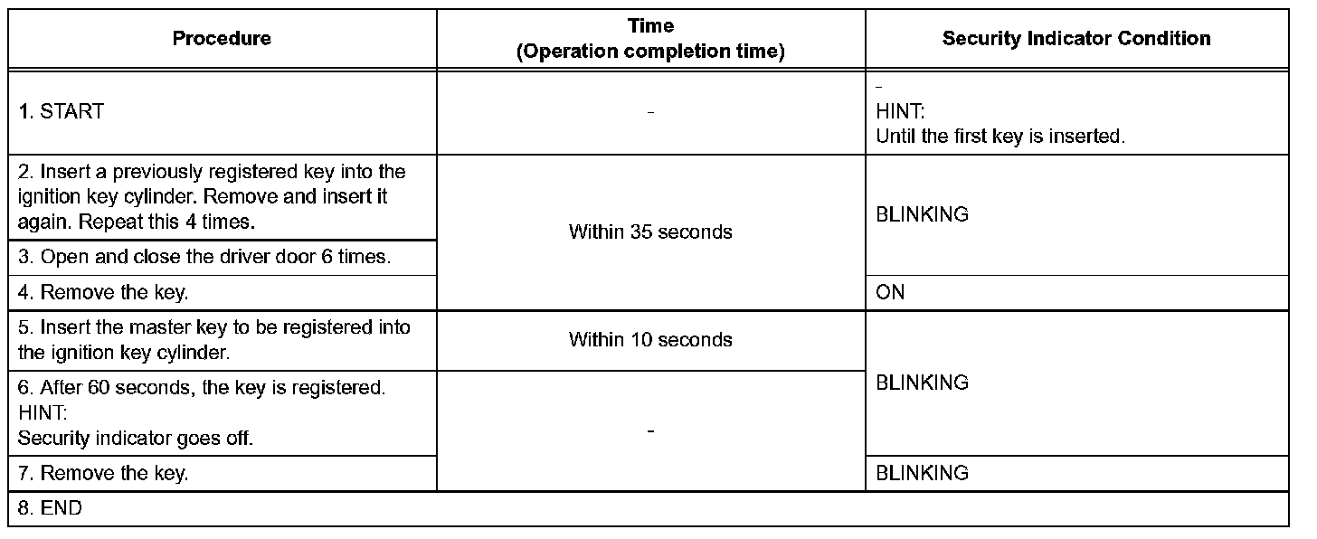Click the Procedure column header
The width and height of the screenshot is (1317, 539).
click(222, 39)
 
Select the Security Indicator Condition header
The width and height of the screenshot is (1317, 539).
click(1075, 39)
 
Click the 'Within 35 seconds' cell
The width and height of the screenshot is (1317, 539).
click(650, 232)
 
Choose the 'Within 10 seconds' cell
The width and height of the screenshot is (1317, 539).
click(650, 340)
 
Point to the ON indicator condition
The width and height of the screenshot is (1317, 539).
click(890, 293)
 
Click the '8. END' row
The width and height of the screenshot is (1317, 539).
click(61, 508)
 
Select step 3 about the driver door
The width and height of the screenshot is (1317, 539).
click(204, 257)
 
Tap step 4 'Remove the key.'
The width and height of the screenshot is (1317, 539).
click(103, 293)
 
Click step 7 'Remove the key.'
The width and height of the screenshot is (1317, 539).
click(103, 474)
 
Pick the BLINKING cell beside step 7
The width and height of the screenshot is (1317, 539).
click(922, 474)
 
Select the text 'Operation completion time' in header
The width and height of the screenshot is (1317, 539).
click(649, 52)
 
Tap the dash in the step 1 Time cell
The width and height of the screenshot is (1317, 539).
click(650, 113)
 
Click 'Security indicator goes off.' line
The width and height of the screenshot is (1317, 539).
click(136, 439)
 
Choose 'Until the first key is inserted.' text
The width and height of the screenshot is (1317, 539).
click(1000, 137)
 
